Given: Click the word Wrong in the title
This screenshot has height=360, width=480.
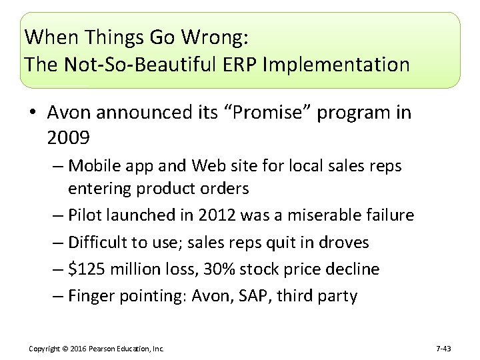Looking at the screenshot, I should tap(209, 38).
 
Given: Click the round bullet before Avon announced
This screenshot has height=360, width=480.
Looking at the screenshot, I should tap(33, 113).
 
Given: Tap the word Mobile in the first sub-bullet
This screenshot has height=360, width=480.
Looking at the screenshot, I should tap(93, 165).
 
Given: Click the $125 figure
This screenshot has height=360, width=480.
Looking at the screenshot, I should tap(85, 269).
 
